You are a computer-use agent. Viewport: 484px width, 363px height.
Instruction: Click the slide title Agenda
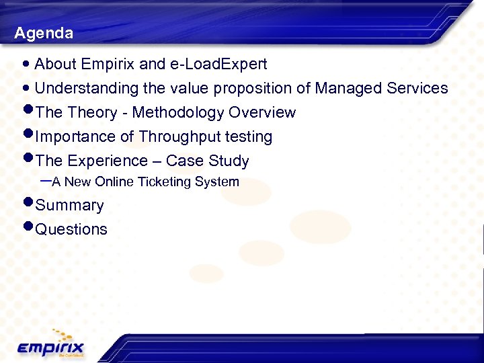pos(44,33)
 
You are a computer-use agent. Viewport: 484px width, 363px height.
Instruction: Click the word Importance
pos(75,136)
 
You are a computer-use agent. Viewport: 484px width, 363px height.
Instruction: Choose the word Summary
pos(69,206)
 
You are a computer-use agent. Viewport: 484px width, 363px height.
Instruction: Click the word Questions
pos(71,229)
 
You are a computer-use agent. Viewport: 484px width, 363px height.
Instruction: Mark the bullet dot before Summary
pos(28,202)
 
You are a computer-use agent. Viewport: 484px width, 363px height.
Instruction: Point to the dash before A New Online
pos(46,181)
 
